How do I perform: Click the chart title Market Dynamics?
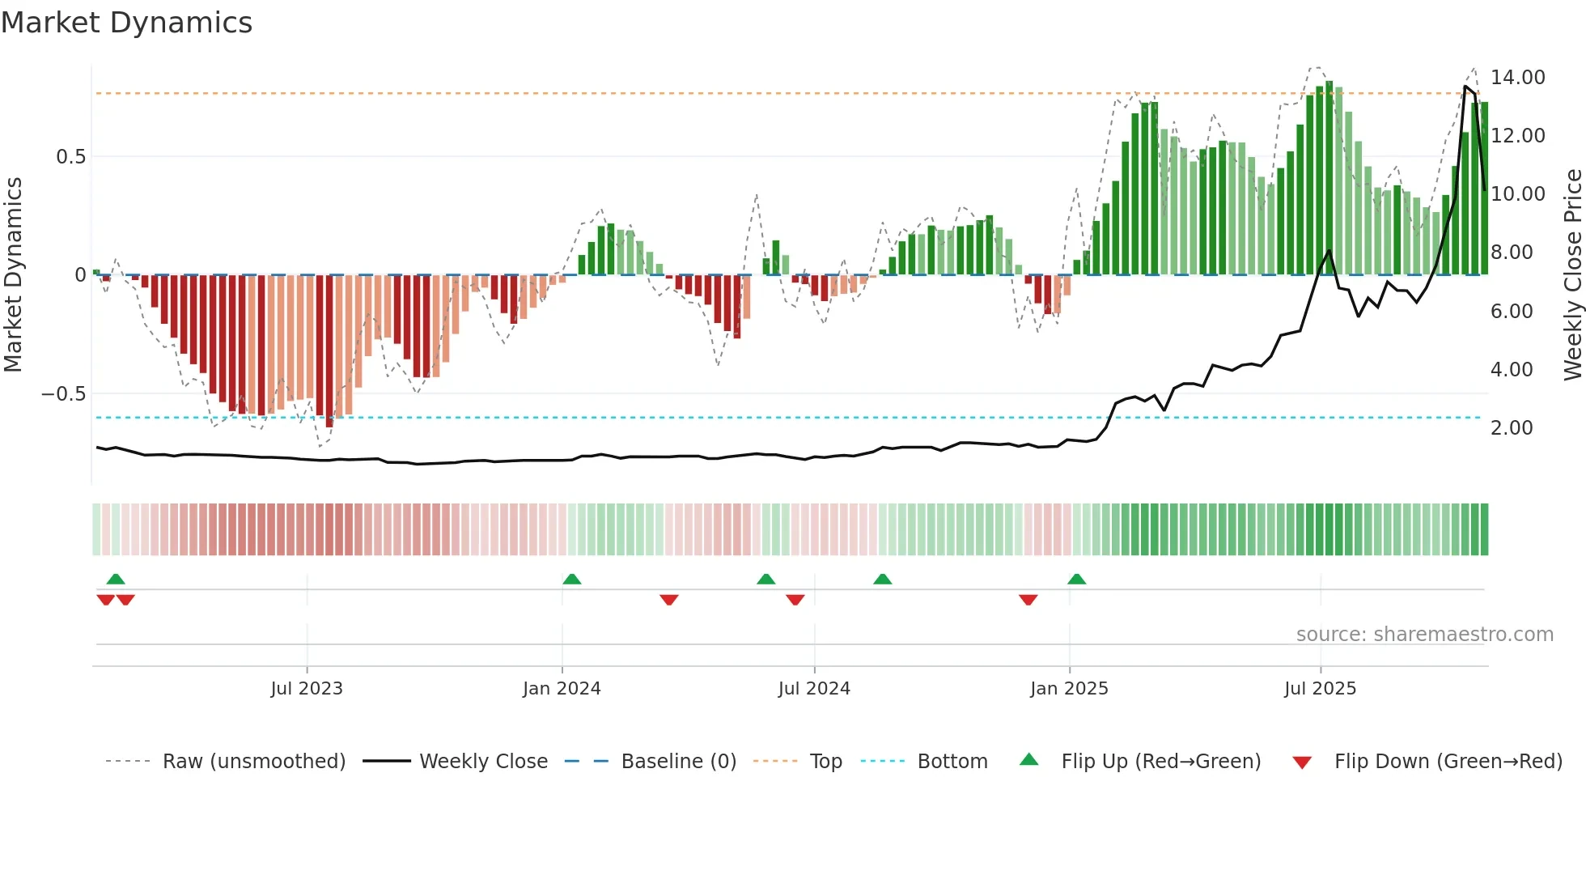tap(126, 23)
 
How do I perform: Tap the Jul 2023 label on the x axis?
tap(307, 689)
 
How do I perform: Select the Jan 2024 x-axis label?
tap(562, 689)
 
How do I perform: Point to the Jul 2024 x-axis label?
tap(814, 689)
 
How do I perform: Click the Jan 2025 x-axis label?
tap(1069, 689)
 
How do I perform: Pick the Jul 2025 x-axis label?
tap(1320, 689)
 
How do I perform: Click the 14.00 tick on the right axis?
tap(1517, 78)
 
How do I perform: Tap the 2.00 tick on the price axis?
tap(1512, 428)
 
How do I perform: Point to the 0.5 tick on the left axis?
tap(70, 157)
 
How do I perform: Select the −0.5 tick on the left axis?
tap(63, 394)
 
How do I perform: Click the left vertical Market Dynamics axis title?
tap(13, 275)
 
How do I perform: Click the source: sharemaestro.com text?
tap(1424, 635)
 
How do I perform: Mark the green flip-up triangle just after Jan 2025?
tap(1076, 580)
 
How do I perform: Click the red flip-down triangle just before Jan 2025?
tap(1028, 600)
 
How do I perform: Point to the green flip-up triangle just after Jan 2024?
tap(571, 580)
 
